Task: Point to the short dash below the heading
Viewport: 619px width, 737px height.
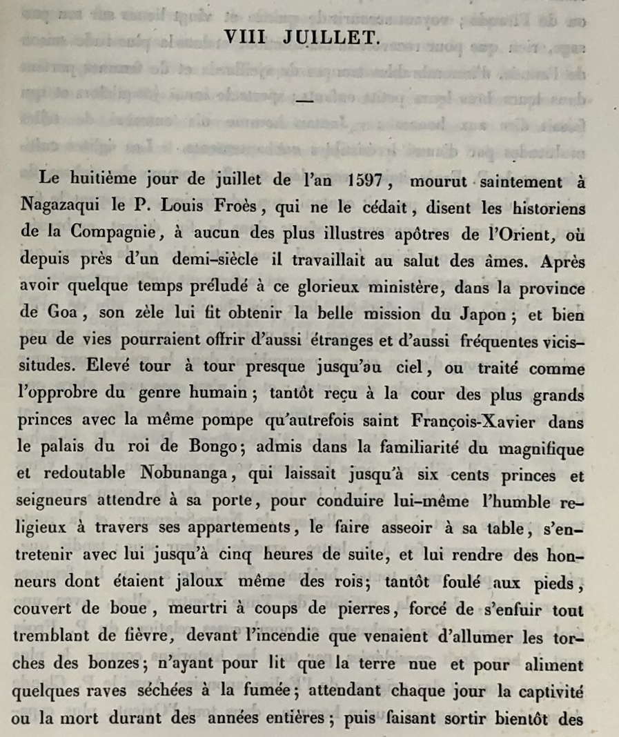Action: pos(303,101)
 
